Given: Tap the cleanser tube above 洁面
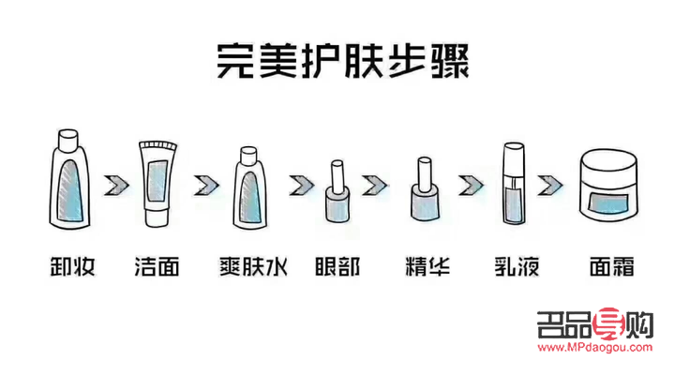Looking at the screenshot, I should pyautogui.click(x=156, y=184).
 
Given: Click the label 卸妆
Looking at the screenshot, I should pyautogui.click(x=67, y=265).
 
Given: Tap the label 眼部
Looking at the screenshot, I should pyautogui.click(x=337, y=265).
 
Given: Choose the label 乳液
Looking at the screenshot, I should pyautogui.click(x=517, y=265).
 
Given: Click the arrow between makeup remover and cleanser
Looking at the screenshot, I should pyautogui.click(x=113, y=182).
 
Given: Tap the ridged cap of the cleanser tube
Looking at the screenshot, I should pyautogui.click(x=156, y=146).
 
